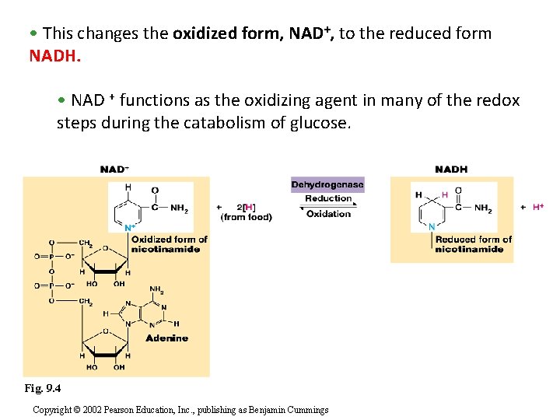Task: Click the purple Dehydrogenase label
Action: [327, 185]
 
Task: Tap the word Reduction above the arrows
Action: [328, 198]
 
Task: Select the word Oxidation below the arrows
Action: [328, 214]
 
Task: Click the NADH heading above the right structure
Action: [451, 170]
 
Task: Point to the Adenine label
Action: [166, 338]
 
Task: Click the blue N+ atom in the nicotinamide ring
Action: [129, 228]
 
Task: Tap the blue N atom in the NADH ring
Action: [432, 226]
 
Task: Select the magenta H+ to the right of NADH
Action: [538, 208]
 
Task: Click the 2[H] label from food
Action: [247, 207]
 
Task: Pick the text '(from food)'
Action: [247, 217]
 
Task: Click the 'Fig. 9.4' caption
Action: [42, 388]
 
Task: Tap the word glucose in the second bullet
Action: [321, 123]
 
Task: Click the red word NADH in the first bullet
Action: [54, 56]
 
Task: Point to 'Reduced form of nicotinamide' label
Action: [473, 244]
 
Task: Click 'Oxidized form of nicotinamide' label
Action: [169, 244]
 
